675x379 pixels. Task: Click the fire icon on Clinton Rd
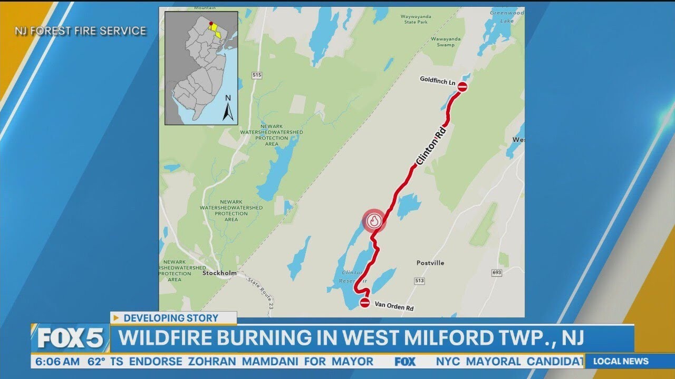click(x=374, y=221)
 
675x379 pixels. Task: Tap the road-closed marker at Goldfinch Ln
click(x=462, y=87)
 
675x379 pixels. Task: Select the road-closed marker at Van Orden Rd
click(x=365, y=302)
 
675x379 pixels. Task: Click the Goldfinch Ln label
click(x=437, y=80)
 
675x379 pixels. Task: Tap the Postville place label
click(x=430, y=263)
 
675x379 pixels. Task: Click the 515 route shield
click(x=257, y=75)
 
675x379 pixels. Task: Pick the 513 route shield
click(x=419, y=281)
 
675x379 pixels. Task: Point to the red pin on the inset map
click(x=211, y=24)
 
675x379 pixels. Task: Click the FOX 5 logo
click(x=70, y=338)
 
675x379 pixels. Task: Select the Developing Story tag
click(x=173, y=318)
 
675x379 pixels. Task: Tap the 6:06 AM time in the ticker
click(x=55, y=362)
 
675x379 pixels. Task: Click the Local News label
click(x=621, y=361)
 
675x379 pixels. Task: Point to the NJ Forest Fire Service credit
click(x=80, y=31)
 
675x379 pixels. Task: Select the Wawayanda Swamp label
click(x=446, y=42)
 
